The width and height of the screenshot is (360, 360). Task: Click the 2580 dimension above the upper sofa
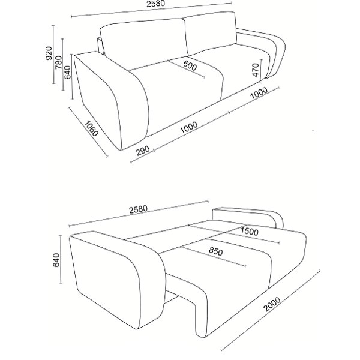pyautogui.click(x=155, y=4)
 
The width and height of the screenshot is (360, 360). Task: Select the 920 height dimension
pyautogui.click(x=49, y=53)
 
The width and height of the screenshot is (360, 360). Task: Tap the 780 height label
pyautogui.click(x=59, y=62)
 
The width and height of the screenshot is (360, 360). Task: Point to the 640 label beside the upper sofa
pyautogui.click(x=67, y=73)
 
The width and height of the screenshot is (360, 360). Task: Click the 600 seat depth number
pyautogui.click(x=190, y=65)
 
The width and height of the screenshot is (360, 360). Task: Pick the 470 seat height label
pyautogui.click(x=256, y=70)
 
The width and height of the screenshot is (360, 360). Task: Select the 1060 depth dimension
pyautogui.click(x=91, y=128)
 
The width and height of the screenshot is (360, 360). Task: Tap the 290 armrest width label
pyautogui.click(x=143, y=151)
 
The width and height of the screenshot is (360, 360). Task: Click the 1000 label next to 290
pyautogui.click(x=189, y=128)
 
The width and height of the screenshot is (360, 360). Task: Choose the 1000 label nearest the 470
pyautogui.click(x=259, y=93)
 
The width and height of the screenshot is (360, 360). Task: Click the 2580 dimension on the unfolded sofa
pyautogui.click(x=138, y=209)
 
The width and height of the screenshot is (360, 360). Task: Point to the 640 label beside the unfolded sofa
pyautogui.click(x=56, y=260)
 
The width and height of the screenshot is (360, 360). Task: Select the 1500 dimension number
pyautogui.click(x=249, y=231)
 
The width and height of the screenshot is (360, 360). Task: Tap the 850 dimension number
pyautogui.click(x=216, y=251)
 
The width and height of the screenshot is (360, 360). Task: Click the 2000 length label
pyautogui.click(x=272, y=304)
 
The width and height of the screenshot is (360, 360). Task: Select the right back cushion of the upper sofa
pyautogui.click(x=211, y=33)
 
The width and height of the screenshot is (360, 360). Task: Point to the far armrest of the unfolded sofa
pyautogui.click(x=248, y=217)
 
